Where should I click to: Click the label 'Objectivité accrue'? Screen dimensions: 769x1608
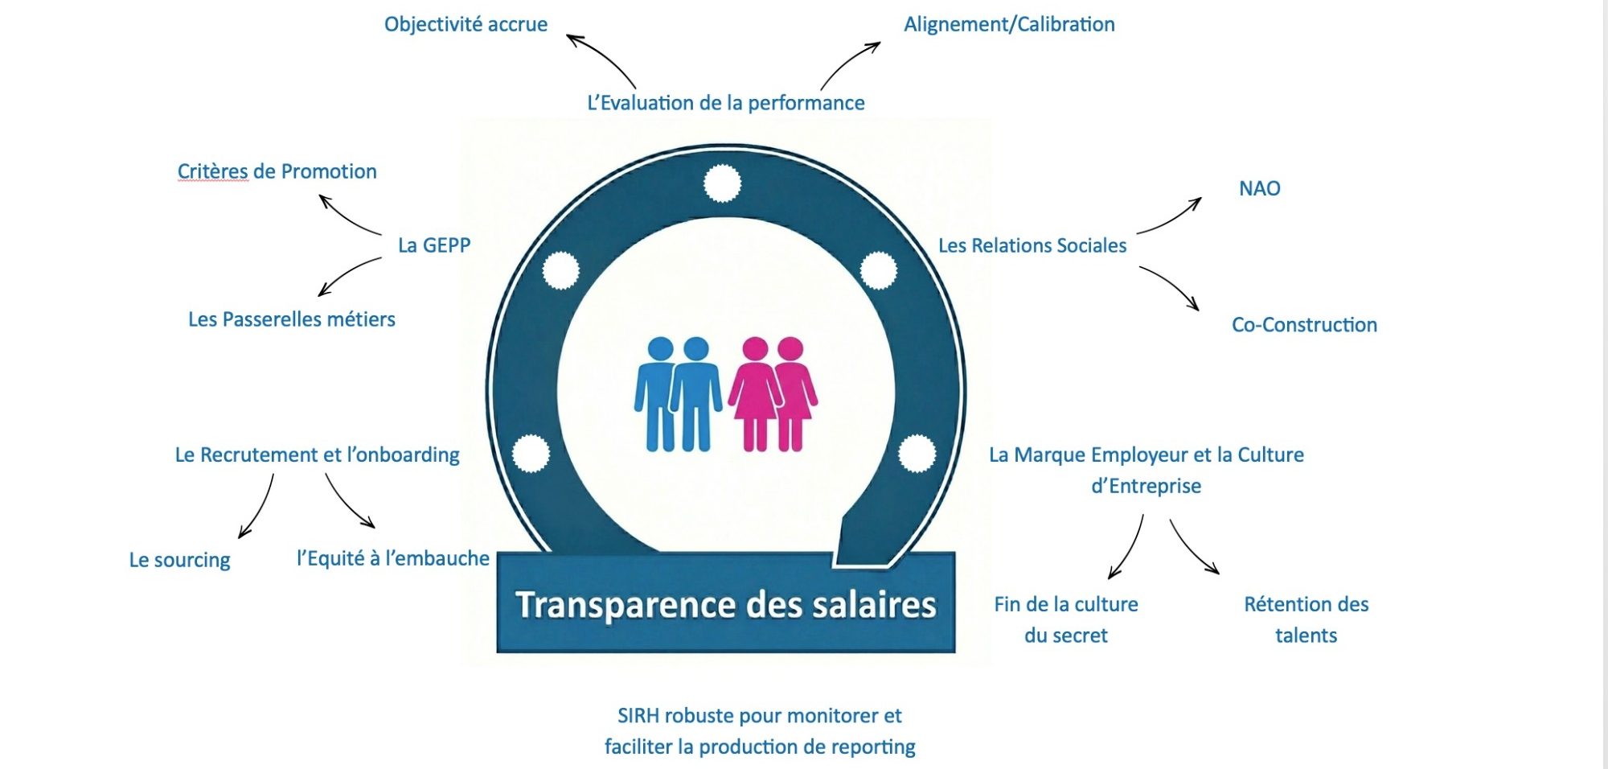466,24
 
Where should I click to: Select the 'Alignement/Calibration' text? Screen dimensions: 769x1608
1009,24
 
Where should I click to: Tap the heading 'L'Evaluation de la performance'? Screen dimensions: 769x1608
725,103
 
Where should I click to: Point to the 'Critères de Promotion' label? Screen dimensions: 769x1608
277,171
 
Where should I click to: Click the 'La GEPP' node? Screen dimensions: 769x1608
434,245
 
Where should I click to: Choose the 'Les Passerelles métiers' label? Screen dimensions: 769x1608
291,319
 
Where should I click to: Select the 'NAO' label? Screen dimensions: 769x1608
1259,188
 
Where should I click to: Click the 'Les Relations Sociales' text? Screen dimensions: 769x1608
1032,245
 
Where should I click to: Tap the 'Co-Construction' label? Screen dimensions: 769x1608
1304,325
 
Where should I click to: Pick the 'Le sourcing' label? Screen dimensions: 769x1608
179,560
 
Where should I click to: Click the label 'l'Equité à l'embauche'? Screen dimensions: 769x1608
392,558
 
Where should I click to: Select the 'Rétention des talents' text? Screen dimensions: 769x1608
1306,619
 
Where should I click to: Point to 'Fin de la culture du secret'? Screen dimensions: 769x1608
1066,619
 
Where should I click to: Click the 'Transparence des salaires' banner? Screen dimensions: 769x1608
725,604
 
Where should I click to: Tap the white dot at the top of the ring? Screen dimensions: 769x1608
722,183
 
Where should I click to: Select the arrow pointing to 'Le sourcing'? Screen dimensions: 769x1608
257,507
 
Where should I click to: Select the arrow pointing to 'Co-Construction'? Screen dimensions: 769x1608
1170,286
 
